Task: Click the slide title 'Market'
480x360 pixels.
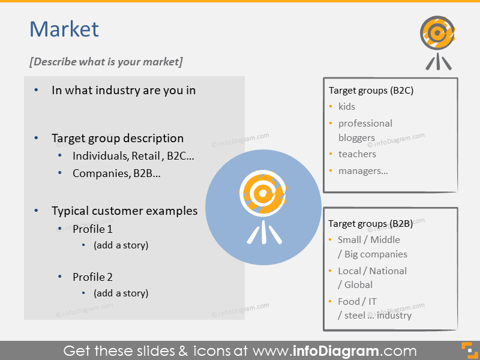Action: click(64, 29)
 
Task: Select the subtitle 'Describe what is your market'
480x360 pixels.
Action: click(106, 61)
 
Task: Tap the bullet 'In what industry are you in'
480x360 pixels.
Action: click(124, 90)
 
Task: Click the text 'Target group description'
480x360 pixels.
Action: click(118, 138)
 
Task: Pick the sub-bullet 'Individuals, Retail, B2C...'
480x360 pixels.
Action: click(133, 156)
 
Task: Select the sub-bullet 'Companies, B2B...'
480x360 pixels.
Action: click(116, 173)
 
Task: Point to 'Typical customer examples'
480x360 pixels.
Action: click(124, 211)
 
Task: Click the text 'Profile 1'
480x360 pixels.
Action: click(92, 229)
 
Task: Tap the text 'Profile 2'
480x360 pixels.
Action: click(92, 277)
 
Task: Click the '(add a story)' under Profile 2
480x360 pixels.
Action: click(121, 293)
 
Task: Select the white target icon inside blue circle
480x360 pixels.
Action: click(263, 207)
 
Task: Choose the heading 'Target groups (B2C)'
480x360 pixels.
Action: click(371, 91)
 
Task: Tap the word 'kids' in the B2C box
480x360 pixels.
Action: click(346, 107)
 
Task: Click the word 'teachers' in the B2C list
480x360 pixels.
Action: click(357, 154)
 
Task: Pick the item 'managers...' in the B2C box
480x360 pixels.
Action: click(363, 171)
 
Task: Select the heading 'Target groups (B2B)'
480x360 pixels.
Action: click(370, 224)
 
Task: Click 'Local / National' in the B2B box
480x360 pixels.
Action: click(372, 271)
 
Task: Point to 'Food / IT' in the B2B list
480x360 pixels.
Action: click(357, 302)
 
